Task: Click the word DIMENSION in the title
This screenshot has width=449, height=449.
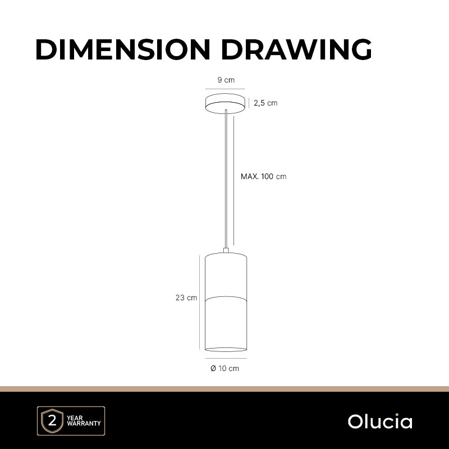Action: [x=123, y=49]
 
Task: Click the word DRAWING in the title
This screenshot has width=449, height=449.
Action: [x=296, y=49]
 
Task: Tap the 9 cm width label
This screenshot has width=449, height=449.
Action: [x=226, y=80]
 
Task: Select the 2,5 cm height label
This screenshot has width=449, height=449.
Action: [x=265, y=103]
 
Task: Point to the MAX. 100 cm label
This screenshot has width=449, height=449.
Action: [x=263, y=176]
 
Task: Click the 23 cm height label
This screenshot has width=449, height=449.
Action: [x=186, y=298]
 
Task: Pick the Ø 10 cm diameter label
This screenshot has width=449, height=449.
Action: [x=225, y=368]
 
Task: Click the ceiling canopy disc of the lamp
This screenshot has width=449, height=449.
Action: [x=225, y=104]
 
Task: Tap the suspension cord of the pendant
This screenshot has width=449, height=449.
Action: [x=226, y=179]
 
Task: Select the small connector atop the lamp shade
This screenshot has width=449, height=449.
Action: [x=226, y=250]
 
